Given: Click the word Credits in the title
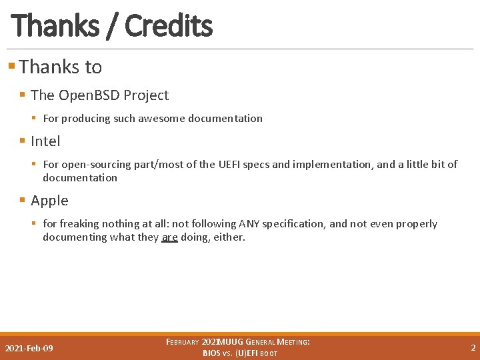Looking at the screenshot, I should [168, 26].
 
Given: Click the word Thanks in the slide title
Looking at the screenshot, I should [55, 26].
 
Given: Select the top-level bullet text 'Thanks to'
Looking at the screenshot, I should [61, 67].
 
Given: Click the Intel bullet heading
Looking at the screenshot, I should [45, 141].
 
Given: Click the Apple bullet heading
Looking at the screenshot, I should [49, 201].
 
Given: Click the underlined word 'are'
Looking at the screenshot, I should [169, 237].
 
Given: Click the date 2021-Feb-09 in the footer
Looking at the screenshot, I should [29, 349].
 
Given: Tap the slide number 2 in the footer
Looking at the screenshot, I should [473, 348].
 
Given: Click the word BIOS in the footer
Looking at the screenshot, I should [211, 353].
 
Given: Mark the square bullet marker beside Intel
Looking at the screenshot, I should [23, 141].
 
